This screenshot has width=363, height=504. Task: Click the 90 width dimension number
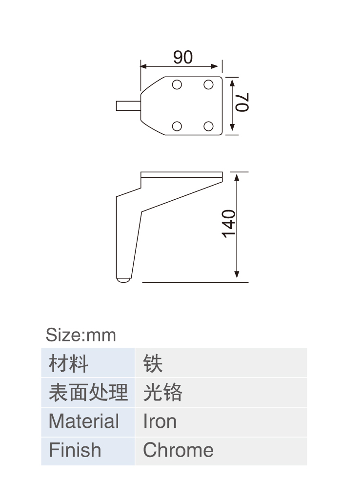click(183, 57)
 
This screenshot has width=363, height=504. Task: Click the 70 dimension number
click(242, 102)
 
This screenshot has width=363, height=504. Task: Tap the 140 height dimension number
click(229, 224)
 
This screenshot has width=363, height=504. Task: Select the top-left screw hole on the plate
click(177, 84)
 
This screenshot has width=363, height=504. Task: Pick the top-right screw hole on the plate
click(208, 84)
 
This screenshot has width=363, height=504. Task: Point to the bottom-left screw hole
click(177, 126)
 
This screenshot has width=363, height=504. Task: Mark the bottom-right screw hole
click(208, 126)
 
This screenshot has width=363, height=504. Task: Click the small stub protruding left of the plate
click(128, 106)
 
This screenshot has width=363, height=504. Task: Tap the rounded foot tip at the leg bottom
click(123, 280)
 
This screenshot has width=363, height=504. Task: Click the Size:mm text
click(81, 335)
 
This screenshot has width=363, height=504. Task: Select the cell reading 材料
click(88, 362)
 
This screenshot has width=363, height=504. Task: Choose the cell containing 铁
click(221, 362)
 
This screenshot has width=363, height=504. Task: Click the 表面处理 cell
click(88, 392)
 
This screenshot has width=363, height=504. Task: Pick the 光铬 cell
click(221, 392)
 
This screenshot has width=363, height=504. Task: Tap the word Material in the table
click(84, 421)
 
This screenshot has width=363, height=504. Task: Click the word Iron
click(160, 421)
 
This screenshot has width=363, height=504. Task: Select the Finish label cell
click(88, 451)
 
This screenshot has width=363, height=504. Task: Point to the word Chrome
click(178, 450)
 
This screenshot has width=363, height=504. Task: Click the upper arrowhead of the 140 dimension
click(237, 177)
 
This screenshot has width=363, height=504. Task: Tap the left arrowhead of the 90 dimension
click(144, 66)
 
